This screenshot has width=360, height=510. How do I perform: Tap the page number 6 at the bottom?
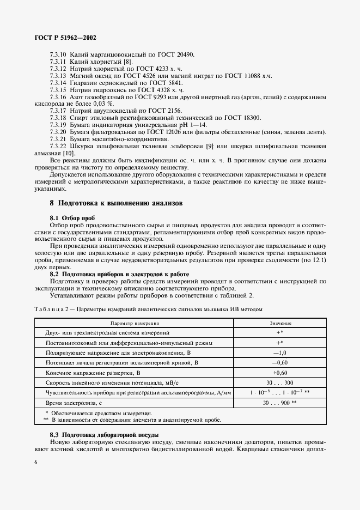[x=36, y=462]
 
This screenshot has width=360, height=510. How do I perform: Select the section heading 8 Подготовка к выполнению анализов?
[x=116, y=203]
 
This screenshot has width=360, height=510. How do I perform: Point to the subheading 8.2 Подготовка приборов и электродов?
[x=119, y=274]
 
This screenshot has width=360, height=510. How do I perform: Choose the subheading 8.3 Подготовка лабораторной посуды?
[x=104, y=434]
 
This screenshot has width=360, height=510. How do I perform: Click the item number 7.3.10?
[x=58, y=55]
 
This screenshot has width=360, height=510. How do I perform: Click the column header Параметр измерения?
[x=133, y=323]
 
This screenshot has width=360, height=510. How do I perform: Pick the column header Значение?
[x=280, y=323]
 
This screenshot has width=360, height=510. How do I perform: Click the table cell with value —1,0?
[x=280, y=353]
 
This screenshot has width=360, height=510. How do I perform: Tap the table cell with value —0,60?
[x=280, y=362]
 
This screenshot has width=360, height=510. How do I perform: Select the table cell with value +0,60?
[x=280, y=373]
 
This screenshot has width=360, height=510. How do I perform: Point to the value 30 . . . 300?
[x=280, y=382]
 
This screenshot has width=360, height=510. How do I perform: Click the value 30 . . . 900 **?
[x=280, y=403]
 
